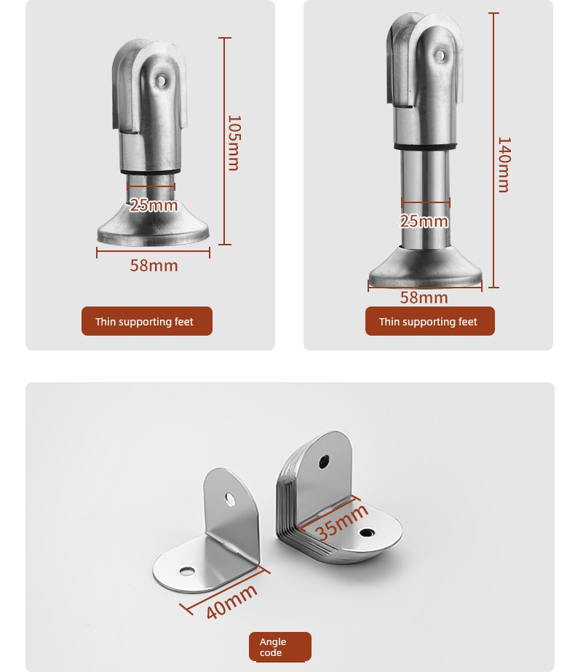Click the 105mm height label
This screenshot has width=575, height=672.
pyautogui.click(x=234, y=143)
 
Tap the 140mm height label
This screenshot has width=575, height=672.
pyautogui.click(x=504, y=165)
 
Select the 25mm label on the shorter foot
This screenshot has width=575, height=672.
pyautogui.click(x=154, y=205)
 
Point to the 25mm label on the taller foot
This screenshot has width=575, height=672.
pyautogui.click(x=424, y=221)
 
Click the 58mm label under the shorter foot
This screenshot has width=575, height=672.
pyautogui.click(x=154, y=266)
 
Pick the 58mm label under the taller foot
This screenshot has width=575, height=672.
pyautogui.click(x=424, y=298)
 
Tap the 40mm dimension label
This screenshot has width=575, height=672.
pyautogui.click(x=231, y=601)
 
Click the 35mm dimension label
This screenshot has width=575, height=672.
pyautogui.click(x=341, y=521)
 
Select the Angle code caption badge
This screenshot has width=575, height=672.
pyautogui.click(x=280, y=647)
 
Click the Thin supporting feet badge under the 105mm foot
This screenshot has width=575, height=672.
pyautogui.click(x=147, y=321)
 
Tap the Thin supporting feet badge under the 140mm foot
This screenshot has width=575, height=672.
pyautogui.click(x=430, y=321)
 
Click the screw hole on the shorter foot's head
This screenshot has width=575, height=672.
pyautogui.click(x=161, y=80)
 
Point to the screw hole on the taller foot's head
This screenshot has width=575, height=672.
pyautogui.click(x=440, y=55)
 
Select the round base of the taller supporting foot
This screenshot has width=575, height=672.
pyautogui.click(x=425, y=268)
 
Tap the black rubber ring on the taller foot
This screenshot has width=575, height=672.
pyautogui.click(x=425, y=147)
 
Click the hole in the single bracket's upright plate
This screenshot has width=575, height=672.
pyautogui.click(x=230, y=499)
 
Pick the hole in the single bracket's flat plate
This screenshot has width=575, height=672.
pyautogui.click(x=187, y=572)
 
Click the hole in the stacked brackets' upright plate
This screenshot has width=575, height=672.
pyautogui.click(x=324, y=462)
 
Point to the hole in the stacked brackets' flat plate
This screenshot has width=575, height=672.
pyautogui.click(x=366, y=533)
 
